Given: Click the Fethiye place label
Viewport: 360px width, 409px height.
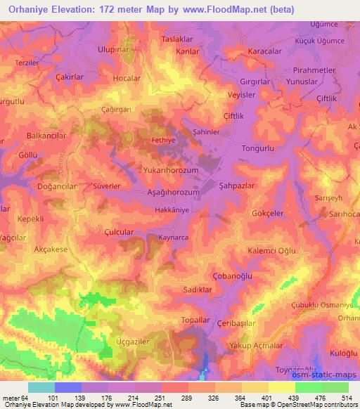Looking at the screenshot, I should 162,141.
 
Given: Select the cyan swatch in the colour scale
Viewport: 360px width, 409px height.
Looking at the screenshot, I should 41,387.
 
